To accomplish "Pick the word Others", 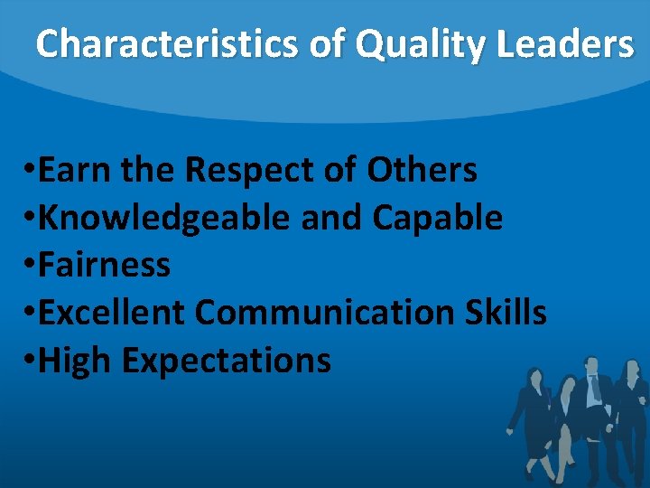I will pos(422,169).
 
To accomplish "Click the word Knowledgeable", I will pos(163,217).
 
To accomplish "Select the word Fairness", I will pos(105,265).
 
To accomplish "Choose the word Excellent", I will pos(114,313).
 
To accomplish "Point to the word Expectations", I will pos(226,361).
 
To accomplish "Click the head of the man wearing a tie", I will pos(592,365).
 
